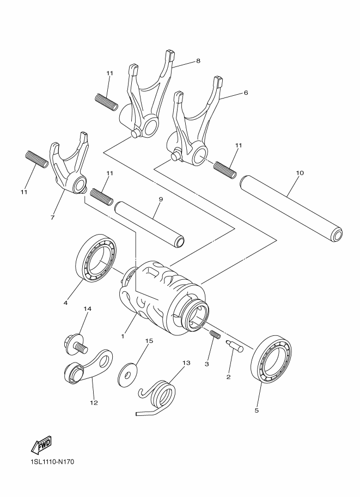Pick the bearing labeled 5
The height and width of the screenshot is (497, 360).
pyautogui.click(x=271, y=359)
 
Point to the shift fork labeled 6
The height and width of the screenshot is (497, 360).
pyautogui.click(x=193, y=128)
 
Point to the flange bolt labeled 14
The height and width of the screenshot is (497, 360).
pyautogui.click(x=74, y=343)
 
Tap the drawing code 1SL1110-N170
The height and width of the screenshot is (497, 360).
pyautogui.click(x=49, y=462)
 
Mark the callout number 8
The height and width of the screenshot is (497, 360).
pyautogui.click(x=198, y=61)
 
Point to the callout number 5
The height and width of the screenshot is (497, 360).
pyautogui.click(x=257, y=410)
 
